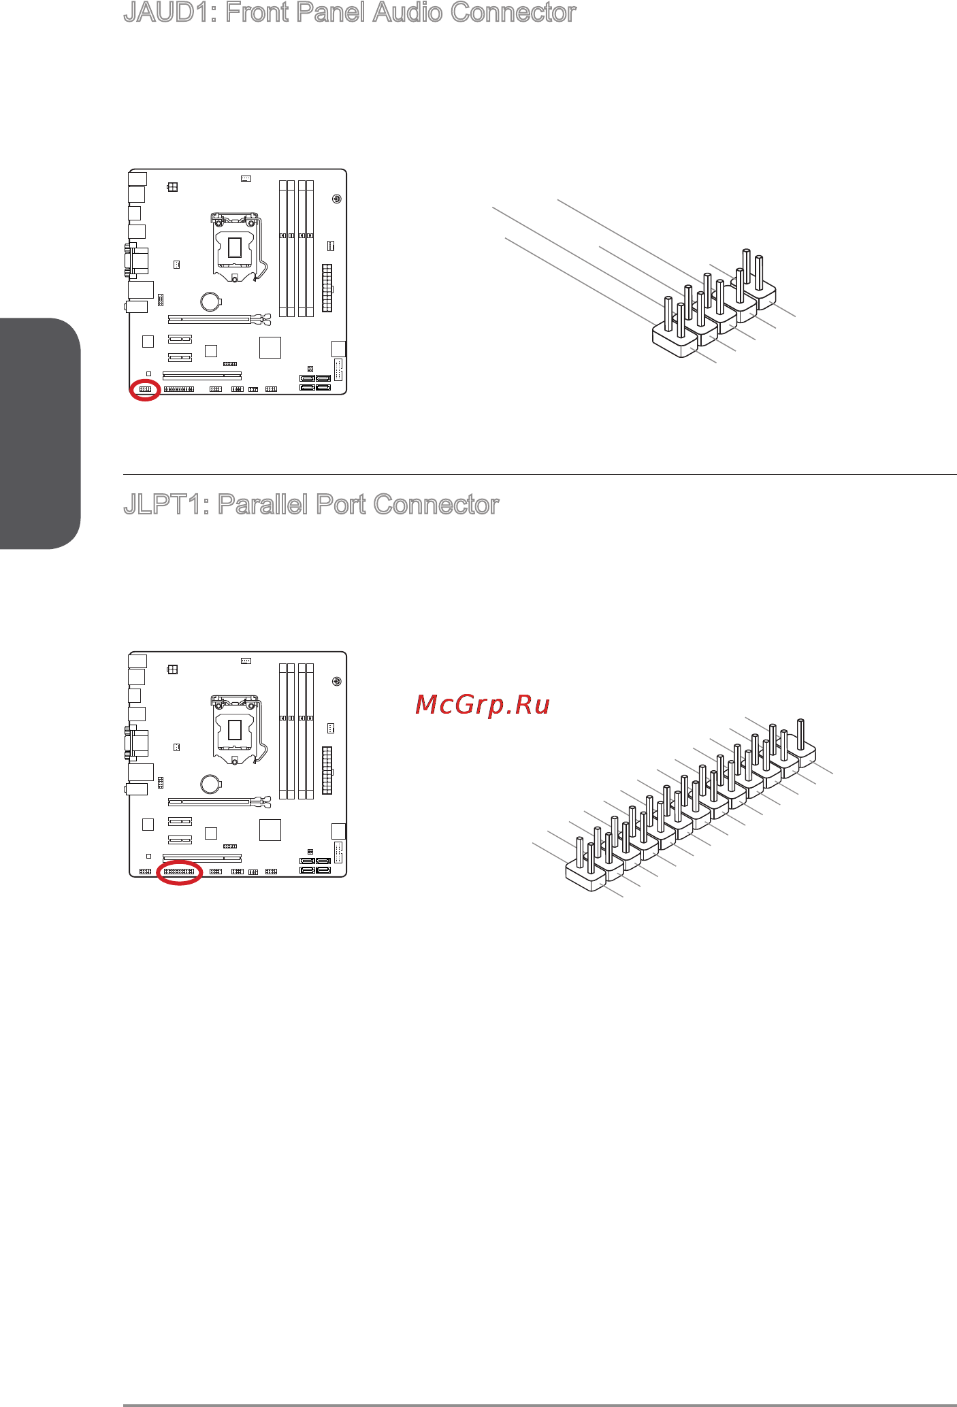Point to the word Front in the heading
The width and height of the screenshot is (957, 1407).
tap(257, 13)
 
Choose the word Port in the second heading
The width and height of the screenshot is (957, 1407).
tap(341, 505)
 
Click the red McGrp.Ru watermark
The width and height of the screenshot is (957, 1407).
tap(482, 705)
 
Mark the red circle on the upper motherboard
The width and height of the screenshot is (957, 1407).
tap(145, 390)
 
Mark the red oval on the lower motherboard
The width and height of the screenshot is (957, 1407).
tap(180, 872)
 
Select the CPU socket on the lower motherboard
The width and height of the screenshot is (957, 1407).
tap(235, 730)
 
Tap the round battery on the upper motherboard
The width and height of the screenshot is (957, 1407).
tap(211, 301)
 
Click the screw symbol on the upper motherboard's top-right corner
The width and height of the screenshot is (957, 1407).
tap(336, 199)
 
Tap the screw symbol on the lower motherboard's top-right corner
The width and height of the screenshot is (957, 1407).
tap(336, 682)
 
